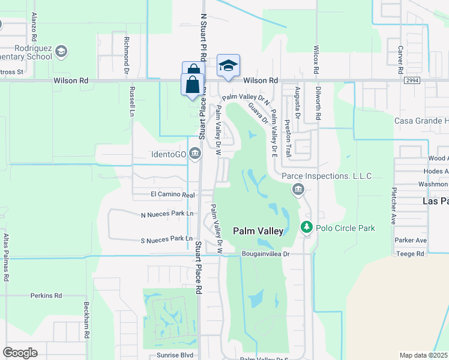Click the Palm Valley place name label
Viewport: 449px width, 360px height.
tap(257, 230)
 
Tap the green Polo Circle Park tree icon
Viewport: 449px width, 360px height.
tap(306, 227)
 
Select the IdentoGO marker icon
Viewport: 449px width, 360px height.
tap(194, 154)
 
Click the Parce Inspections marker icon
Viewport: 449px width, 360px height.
tap(298, 190)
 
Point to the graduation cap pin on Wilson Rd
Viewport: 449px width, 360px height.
tap(228, 65)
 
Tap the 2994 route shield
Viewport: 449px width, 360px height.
tap(411, 80)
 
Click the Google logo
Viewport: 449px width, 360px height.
tap(20, 353)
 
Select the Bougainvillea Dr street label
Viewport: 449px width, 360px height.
tap(266, 254)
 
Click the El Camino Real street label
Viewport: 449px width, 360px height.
tap(172, 195)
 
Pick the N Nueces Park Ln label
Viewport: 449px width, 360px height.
tap(167, 214)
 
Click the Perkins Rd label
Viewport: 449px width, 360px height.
tap(46, 296)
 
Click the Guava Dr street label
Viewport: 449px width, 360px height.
tap(259, 112)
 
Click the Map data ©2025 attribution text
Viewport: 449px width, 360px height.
tap(424, 355)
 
